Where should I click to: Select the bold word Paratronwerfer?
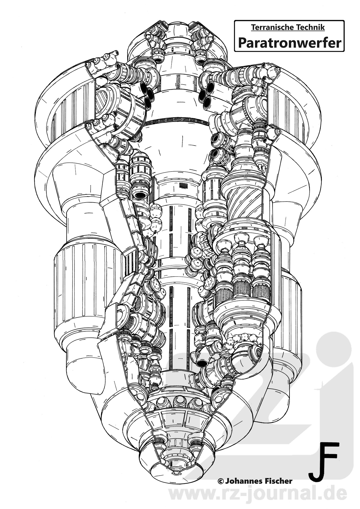click(289, 42)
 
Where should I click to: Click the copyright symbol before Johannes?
click(220, 473)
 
